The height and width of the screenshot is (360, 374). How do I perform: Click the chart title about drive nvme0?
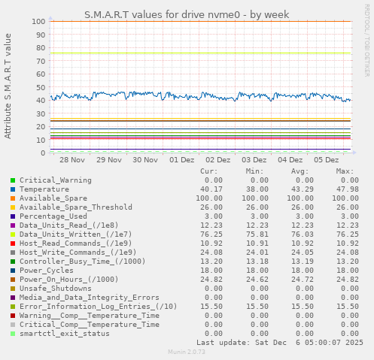[x=186, y=14]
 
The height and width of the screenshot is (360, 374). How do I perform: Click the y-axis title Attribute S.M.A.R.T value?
[x=8, y=86]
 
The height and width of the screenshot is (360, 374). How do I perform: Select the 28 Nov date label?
[x=72, y=160]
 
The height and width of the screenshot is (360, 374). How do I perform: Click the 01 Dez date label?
[x=181, y=160]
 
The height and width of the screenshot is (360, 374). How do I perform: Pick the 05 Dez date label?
[x=327, y=160]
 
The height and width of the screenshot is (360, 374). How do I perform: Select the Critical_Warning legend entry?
[x=56, y=180]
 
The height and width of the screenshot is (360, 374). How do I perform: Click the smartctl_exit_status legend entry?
[x=64, y=334]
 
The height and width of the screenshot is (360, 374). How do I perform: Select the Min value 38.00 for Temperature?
[x=256, y=189]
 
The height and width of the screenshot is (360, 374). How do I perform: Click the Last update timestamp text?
[x=279, y=343]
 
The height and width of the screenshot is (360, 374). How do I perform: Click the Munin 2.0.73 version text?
[x=186, y=352]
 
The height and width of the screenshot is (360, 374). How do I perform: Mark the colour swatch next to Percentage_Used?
[x=13, y=216]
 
